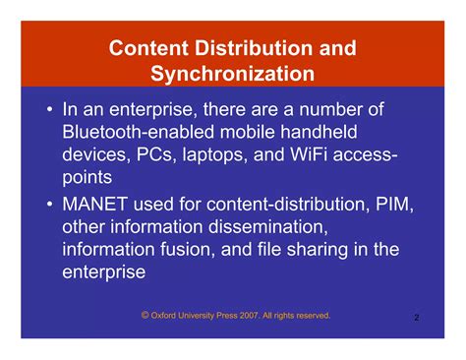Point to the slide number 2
point(417,319)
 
